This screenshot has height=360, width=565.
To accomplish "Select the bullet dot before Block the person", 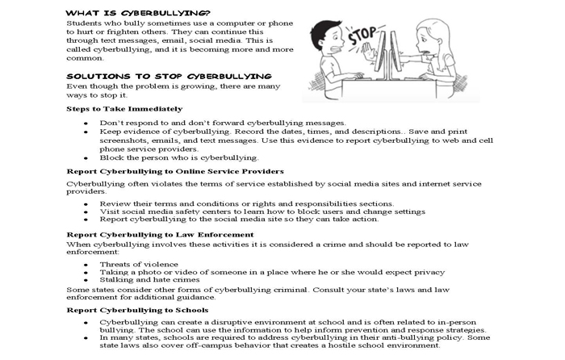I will click(86, 157).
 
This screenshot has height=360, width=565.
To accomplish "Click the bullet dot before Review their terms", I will click(86, 203).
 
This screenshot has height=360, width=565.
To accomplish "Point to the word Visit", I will click(109, 211).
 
